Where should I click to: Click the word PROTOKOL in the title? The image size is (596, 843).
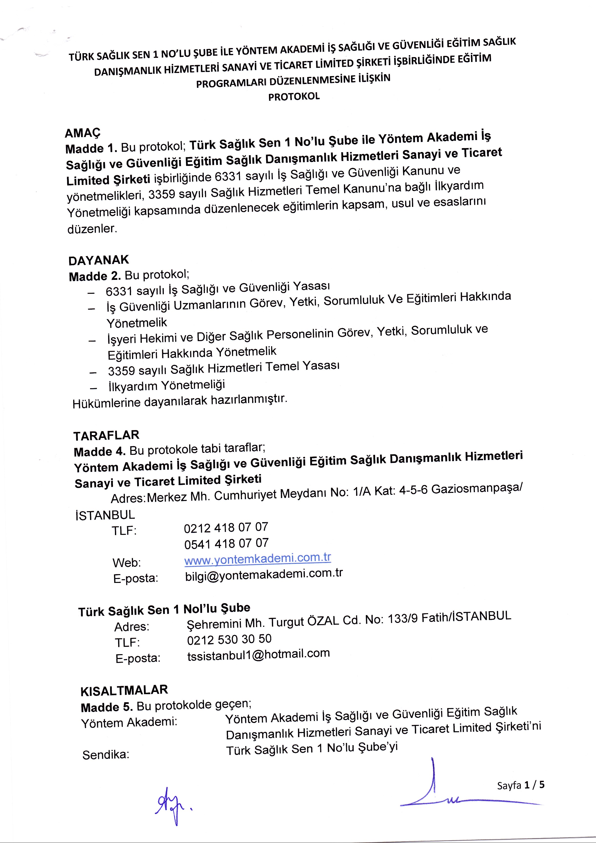coord(294,97)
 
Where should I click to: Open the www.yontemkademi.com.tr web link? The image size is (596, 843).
coord(257,559)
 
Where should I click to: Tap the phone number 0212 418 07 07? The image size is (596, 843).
coord(226,528)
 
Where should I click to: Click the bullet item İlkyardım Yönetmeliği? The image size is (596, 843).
coord(166,386)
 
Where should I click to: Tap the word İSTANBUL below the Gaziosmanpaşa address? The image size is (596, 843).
coord(105,515)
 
